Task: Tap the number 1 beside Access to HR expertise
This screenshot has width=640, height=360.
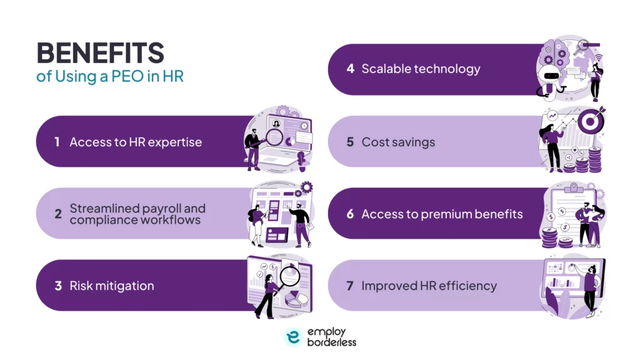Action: click(x=57, y=142)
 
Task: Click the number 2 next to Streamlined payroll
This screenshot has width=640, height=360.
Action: click(x=57, y=214)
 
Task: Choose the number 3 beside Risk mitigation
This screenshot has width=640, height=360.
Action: click(x=57, y=286)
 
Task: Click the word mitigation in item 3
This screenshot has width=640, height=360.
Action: click(x=127, y=286)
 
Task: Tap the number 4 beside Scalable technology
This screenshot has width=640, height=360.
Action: click(x=350, y=69)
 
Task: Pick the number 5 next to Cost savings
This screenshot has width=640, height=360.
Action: click(x=350, y=142)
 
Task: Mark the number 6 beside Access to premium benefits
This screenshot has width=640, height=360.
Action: click(x=350, y=214)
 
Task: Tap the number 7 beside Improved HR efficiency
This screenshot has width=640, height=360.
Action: click(x=350, y=286)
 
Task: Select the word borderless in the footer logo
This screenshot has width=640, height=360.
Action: click(x=331, y=342)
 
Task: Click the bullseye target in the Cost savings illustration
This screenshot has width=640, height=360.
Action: click(x=589, y=121)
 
